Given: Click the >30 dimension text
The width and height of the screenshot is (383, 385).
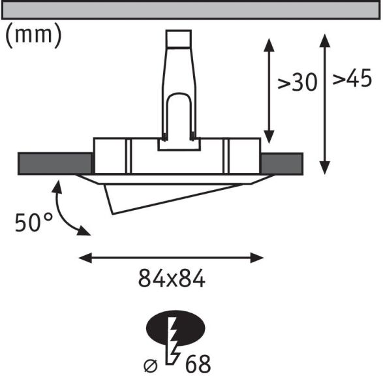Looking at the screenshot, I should tap(298, 83).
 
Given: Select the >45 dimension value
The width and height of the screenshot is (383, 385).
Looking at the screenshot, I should tap(352, 80).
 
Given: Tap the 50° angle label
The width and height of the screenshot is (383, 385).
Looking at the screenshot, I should tap(34, 223).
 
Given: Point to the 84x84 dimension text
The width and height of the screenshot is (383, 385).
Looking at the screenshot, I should tap(172, 279).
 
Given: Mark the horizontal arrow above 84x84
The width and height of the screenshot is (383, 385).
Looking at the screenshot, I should tap(171, 257).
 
